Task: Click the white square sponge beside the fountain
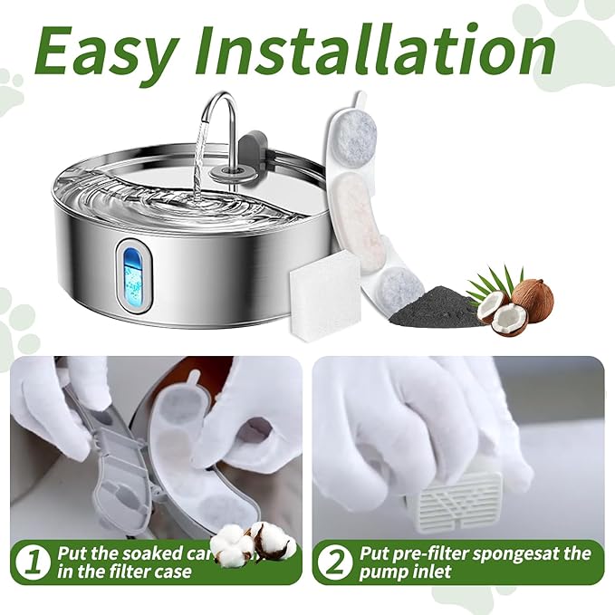tap(324, 291)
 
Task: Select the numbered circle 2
tap(335, 562)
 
